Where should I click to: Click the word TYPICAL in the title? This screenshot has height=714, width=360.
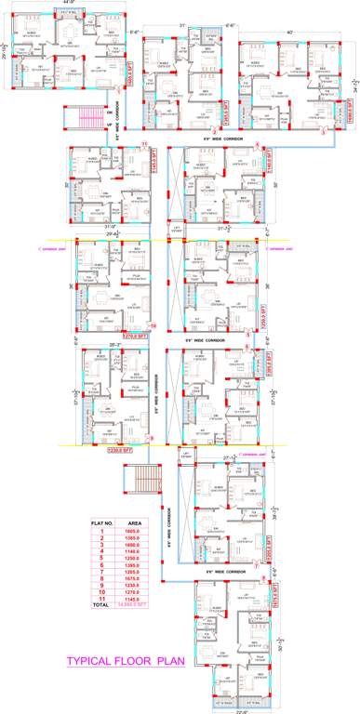[x=90, y=663]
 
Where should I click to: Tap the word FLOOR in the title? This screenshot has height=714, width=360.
[x=133, y=663]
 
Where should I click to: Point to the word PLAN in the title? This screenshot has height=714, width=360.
[x=167, y=663]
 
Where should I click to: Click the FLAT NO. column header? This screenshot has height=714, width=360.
[x=101, y=523]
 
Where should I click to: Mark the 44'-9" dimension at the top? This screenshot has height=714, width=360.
[x=67, y=4]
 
